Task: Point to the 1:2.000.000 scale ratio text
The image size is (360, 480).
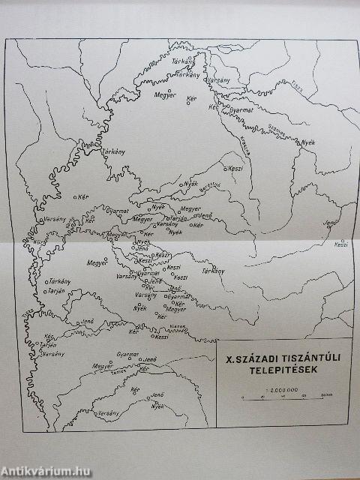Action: coord(282,389)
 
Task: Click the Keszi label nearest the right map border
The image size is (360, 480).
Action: coord(341,244)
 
